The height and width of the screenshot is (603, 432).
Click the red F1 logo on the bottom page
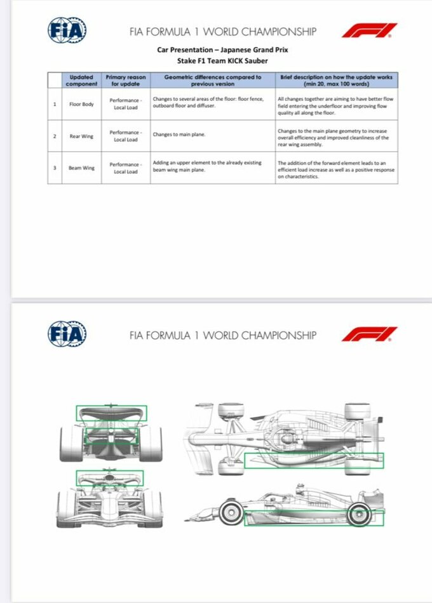(369, 334)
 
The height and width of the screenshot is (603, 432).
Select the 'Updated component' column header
(83, 81)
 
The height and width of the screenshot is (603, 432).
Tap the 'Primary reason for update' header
(126, 81)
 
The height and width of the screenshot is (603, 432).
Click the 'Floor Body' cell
(83, 104)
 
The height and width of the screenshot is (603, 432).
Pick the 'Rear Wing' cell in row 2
(83, 136)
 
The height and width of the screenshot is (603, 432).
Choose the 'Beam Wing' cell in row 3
(83, 168)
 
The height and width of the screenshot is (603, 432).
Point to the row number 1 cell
(55, 104)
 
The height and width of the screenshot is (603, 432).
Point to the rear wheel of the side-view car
(359, 513)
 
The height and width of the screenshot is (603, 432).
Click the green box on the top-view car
(314, 460)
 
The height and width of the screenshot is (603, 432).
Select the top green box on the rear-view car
(111, 413)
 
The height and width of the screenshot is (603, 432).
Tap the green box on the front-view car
(110, 478)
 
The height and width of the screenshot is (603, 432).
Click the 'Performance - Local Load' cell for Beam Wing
(126, 168)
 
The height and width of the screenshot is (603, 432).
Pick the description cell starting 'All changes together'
(337, 104)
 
